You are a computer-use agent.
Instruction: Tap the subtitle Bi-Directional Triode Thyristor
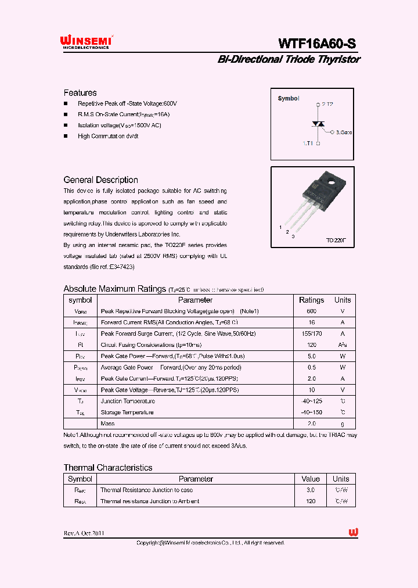click(289, 59)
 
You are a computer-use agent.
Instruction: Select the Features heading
click(80, 93)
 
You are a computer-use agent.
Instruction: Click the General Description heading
click(100, 180)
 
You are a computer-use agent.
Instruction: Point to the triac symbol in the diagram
click(318, 124)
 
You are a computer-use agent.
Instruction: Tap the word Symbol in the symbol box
click(289, 99)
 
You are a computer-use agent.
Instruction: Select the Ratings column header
click(311, 300)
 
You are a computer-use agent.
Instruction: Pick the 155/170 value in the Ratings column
click(311, 334)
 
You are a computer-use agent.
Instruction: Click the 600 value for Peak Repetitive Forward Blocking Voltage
click(311, 311)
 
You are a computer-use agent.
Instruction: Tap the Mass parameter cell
click(107, 424)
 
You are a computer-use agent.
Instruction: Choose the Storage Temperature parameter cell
click(127, 413)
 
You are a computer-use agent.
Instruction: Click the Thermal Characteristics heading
click(108, 468)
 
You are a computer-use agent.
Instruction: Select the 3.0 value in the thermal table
click(311, 490)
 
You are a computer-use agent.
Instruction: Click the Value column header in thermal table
click(311, 479)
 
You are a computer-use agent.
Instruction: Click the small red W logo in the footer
click(353, 532)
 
